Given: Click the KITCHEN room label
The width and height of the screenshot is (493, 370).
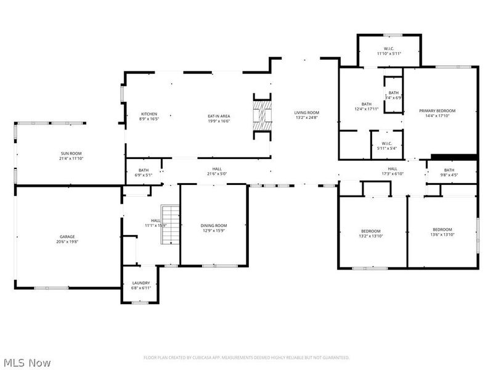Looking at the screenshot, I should tap(149, 114).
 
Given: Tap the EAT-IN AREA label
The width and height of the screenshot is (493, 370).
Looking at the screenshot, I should tap(218, 116).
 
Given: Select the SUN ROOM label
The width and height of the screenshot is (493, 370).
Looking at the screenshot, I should tap(71, 154).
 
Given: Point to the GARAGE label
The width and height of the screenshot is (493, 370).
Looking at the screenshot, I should tap(67, 236).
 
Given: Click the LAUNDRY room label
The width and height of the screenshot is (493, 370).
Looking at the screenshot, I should tap(141, 283).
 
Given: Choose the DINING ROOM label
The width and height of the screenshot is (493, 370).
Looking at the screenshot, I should tap(214, 225).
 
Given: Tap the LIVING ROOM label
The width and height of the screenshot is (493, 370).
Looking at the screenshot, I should tap(306, 112).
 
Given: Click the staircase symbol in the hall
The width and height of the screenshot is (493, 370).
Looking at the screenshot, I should tap(170, 225).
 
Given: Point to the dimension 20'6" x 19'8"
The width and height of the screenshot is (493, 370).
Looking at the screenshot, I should tap(67, 242).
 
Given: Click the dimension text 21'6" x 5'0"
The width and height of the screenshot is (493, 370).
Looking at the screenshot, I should tap(216, 174).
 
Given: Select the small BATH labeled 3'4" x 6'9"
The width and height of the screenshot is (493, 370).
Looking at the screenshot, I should tap(393, 92).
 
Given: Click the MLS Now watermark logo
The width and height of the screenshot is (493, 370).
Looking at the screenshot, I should tap(27, 363).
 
